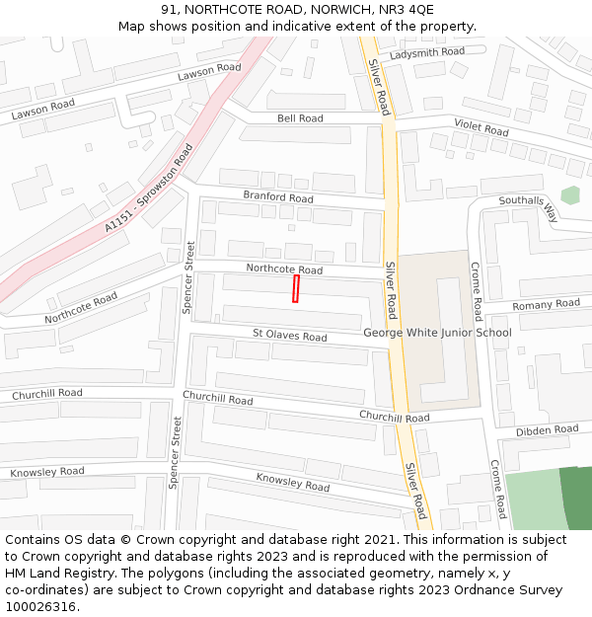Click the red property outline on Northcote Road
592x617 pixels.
[295, 288]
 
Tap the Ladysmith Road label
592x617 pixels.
[426, 51]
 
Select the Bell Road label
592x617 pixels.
[300, 118]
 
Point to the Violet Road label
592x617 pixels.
[481, 127]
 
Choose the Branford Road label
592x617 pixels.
[278, 197]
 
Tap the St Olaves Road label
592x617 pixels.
[289, 337]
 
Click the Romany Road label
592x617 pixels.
[546, 304]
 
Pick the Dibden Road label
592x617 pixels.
[547, 430]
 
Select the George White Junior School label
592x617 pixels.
[437, 333]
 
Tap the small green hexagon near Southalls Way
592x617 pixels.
[570, 195]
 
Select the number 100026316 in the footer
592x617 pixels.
[42, 606]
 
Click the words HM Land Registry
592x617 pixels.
[61, 573]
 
